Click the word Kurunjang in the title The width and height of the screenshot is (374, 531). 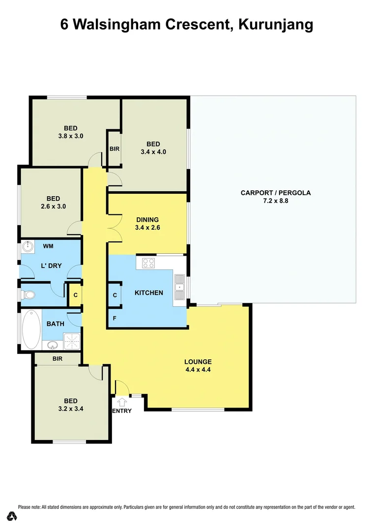pos(275,25)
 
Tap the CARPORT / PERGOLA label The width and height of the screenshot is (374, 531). pos(275,193)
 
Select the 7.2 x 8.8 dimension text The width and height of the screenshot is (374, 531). pos(275,201)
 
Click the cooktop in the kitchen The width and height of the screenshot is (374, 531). pos(149,263)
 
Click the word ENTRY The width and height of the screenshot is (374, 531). pos(122,411)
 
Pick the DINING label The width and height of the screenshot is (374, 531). pos(147,220)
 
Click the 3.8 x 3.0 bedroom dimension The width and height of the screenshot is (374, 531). pos(70,136)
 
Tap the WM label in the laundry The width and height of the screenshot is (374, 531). pos(48,245)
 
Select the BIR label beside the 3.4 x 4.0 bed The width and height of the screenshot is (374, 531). pos(115,148)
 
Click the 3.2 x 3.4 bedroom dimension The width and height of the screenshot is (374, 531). pos(70,408)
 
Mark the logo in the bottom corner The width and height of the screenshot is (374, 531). pos(13,516)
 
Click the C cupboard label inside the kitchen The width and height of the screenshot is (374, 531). pos(115,295)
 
